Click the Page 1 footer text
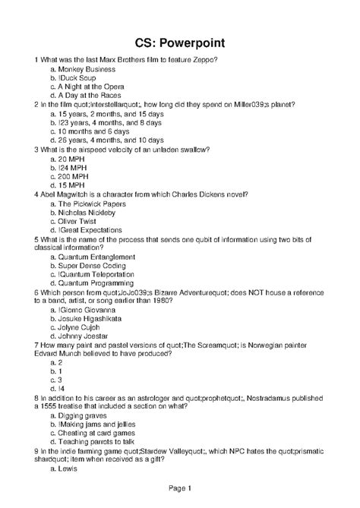tap(179, 487)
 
